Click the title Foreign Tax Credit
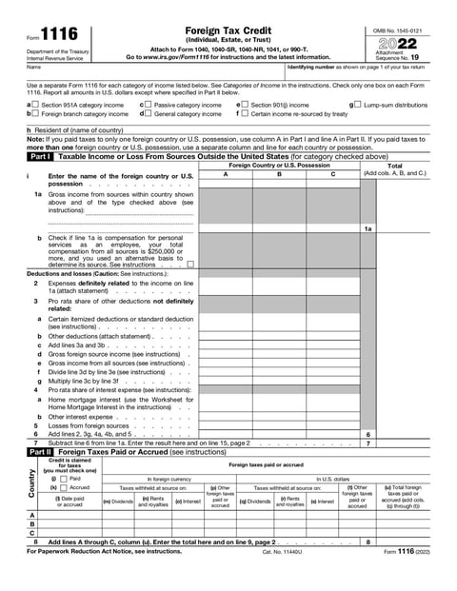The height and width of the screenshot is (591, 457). point(229,31)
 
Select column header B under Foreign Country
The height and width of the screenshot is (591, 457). point(279,174)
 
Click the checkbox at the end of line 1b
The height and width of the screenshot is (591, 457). point(190,264)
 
